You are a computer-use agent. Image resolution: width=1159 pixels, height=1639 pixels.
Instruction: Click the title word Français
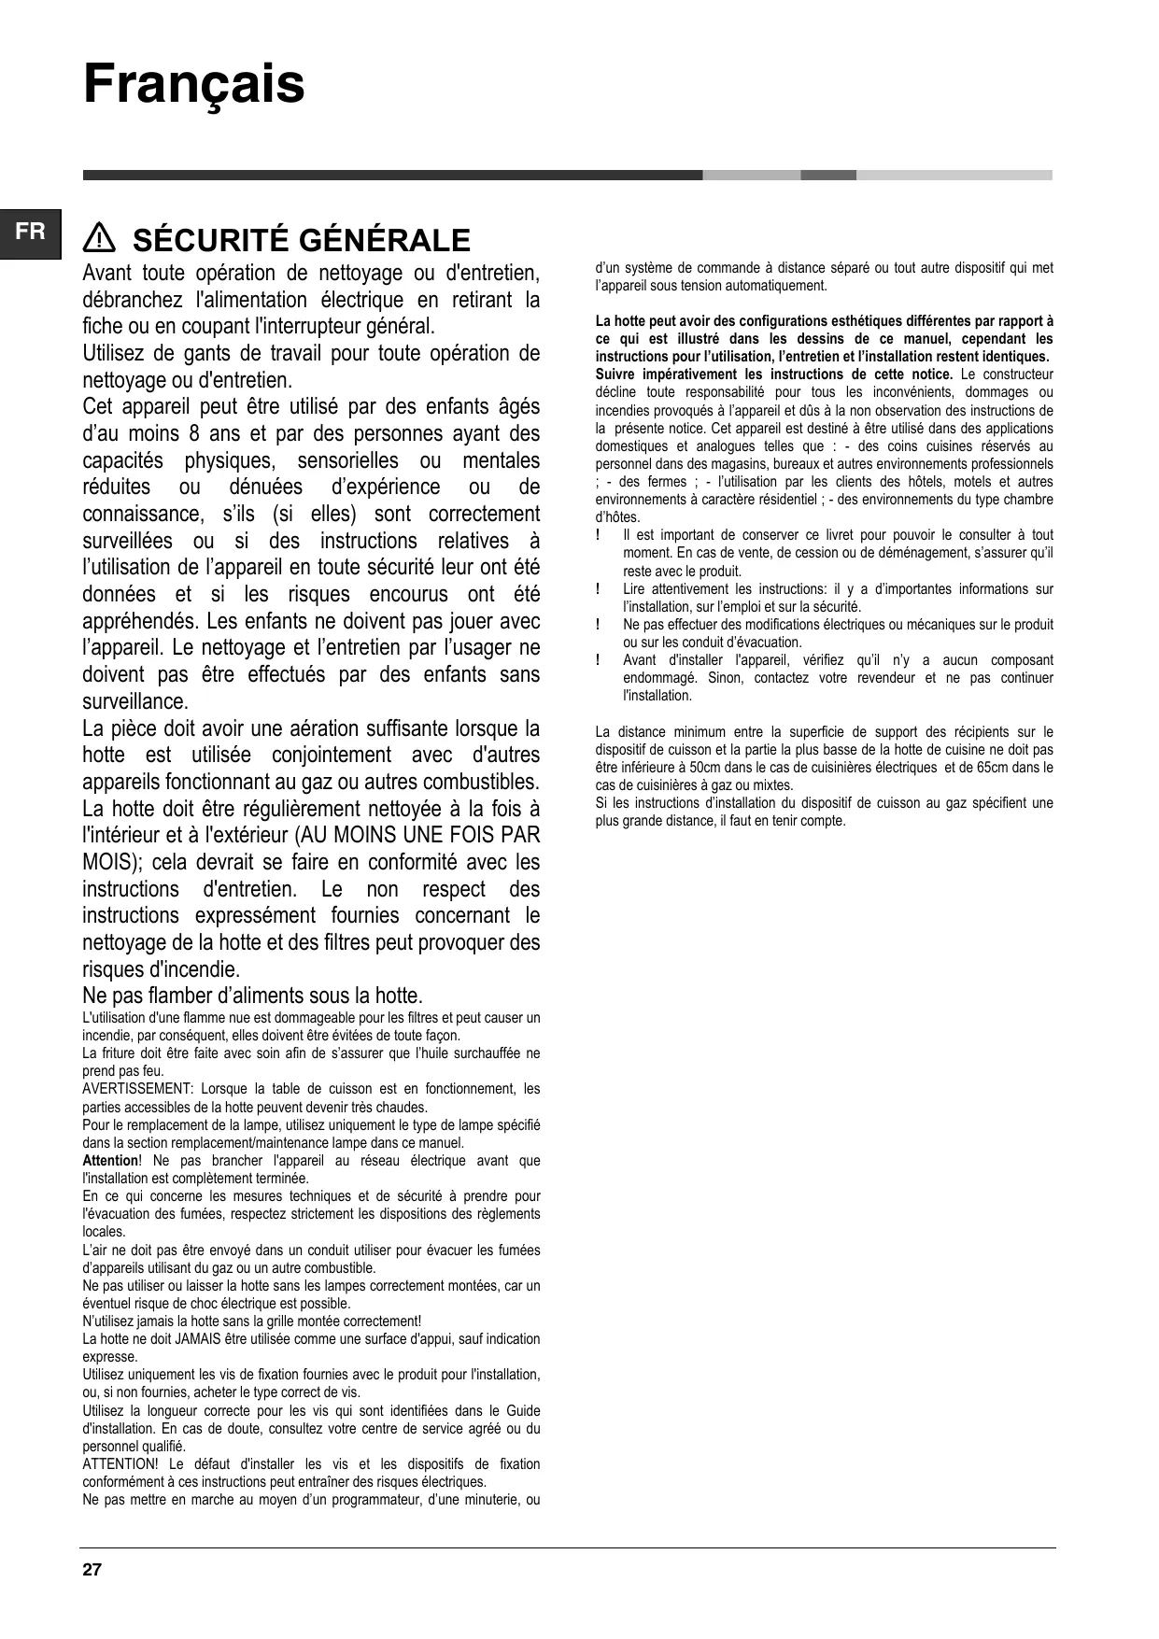coord(194,85)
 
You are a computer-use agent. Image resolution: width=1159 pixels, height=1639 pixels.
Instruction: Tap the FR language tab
coord(30,232)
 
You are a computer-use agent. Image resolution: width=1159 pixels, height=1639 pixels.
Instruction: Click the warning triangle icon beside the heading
coord(98,240)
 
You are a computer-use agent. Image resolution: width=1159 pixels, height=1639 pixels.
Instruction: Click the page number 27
coord(92,1569)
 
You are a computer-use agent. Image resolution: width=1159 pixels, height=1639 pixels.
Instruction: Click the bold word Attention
coord(109,1161)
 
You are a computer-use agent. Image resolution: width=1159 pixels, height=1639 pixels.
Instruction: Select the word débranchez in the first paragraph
coord(127,300)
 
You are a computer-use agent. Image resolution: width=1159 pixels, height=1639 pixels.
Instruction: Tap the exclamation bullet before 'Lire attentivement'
coord(598,589)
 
